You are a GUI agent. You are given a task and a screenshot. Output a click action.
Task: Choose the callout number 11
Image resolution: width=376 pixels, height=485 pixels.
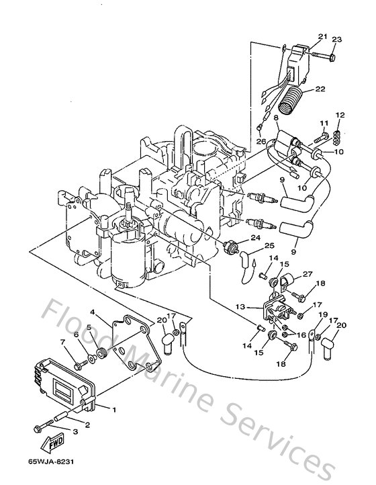[323, 124]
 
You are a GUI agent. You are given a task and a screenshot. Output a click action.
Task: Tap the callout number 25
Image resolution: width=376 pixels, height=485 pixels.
[269, 246]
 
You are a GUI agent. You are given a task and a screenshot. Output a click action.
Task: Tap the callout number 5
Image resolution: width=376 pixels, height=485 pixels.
[89, 328]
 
